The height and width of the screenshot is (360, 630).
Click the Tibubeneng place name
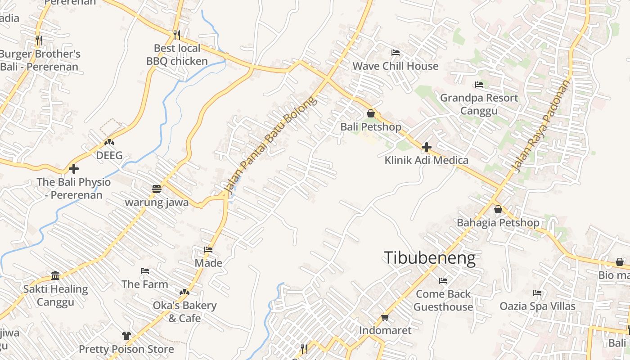pos(429,258)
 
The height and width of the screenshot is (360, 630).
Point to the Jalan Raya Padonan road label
pos(541,126)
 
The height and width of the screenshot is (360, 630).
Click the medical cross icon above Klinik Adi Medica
pos(427,147)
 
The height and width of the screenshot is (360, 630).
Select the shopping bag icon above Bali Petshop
pos(371,113)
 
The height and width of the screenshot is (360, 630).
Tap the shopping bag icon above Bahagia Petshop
pos(498,209)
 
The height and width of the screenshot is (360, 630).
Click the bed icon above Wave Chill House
pos(396,53)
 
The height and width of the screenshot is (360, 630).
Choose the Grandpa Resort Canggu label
pos(479,104)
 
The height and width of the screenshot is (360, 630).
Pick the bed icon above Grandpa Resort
pos(479,85)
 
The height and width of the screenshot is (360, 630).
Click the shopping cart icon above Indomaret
pos(385,318)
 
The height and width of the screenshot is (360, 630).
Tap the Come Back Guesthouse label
pos(443,301)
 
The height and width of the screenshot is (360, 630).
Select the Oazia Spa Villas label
pos(537,306)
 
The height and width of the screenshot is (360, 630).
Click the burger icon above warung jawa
pos(157,189)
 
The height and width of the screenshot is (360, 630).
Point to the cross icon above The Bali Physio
pos(74,169)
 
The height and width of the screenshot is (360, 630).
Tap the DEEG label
pos(109,156)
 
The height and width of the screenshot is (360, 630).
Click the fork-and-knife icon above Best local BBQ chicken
pos(177,35)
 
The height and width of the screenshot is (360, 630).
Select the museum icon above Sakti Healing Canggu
pos(55,275)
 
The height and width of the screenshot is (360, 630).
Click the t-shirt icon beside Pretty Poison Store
pos(126,336)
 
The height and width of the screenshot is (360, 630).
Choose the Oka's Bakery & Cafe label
pos(184,312)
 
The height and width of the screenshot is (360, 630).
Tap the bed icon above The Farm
pos(145,271)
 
